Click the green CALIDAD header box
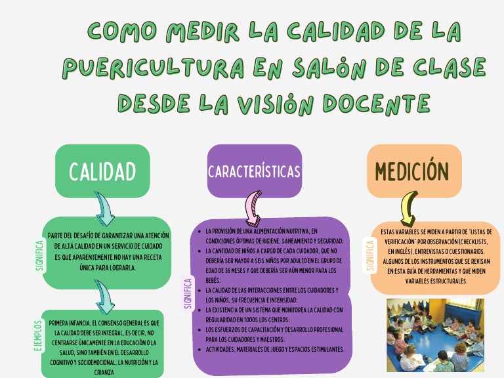(x=102, y=171)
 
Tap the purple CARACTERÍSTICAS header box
(x=254, y=171)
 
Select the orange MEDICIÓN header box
(x=412, y=171)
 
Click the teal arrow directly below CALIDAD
(x=103, y=208)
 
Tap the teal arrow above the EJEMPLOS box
(x=103, y=296)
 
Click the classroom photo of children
(x=435, y=335)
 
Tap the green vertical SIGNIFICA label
(x=39, y=256)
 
